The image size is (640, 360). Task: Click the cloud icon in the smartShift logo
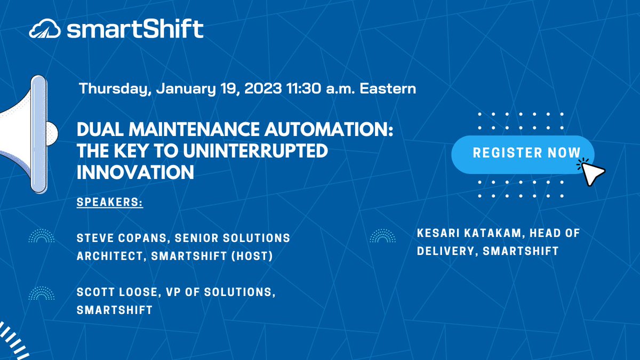click(x=45, y=28)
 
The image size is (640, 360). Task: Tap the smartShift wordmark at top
click(x=135, y=28)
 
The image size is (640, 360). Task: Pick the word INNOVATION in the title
click(x=135, y=172)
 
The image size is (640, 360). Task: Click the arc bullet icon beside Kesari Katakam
click(x=382, y=236)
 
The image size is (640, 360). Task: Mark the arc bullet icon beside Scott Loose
click(x=42, y=293)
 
